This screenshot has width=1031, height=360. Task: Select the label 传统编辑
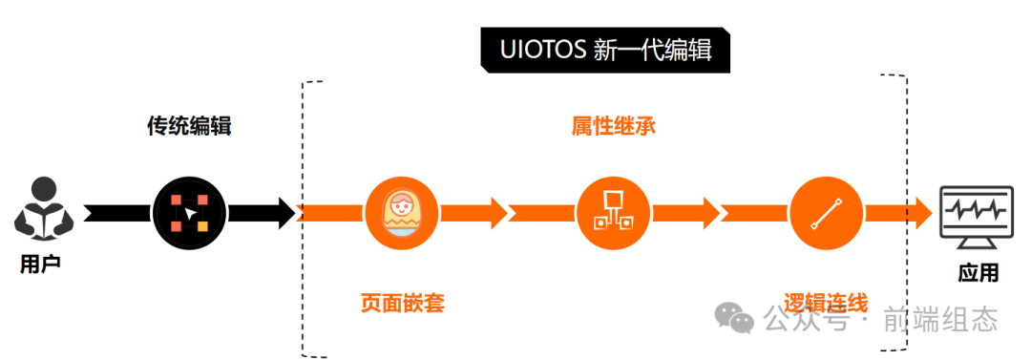pos(189,126)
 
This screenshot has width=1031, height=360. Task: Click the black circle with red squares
pos(189,213)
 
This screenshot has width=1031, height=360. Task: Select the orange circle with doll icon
pos(400,213)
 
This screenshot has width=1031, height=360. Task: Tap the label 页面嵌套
pos(402,304)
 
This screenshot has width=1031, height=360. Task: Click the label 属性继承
pos(613,126)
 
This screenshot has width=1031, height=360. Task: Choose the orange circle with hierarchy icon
pos(613,213)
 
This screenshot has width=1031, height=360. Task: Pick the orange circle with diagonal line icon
pos(826,213)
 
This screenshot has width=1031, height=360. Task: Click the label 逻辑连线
pos(826,304)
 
